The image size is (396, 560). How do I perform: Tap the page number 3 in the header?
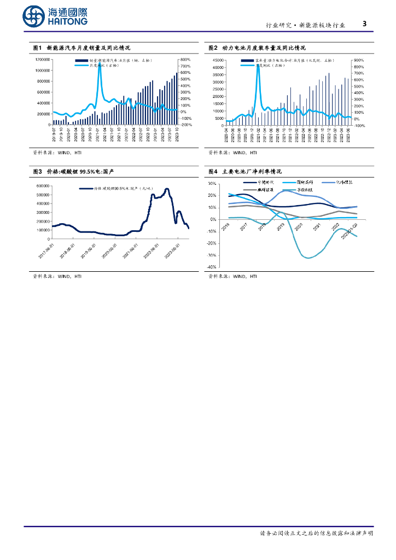[x=364, y=24]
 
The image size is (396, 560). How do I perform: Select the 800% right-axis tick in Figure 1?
[x=185, y=59]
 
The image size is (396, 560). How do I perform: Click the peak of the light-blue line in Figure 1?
[x=100, y=61]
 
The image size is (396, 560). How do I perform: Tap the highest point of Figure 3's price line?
[x=166, y=189]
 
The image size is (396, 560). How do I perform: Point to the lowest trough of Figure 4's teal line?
[x=308, y=258]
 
